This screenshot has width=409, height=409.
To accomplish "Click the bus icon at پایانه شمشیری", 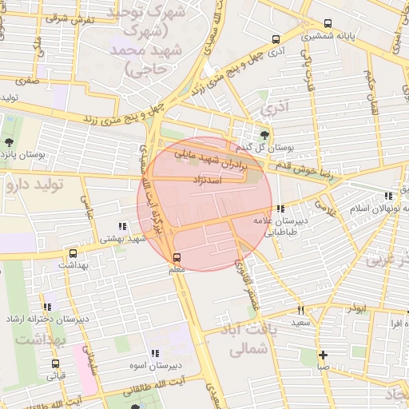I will (328, 24).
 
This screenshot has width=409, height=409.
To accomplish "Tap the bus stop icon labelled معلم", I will (177, 257).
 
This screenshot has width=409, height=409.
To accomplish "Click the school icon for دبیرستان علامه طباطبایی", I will (280, 209).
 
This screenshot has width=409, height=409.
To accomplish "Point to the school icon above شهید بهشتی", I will (121, 226).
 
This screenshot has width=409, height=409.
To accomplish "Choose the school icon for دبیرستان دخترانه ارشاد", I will (48, 307).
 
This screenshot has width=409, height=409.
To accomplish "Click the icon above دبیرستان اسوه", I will (154, 353).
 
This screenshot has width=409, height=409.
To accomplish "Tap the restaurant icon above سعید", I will (300, 310).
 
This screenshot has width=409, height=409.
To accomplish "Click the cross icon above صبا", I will (322, 355).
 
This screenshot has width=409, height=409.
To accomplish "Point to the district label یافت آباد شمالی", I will (240, 339).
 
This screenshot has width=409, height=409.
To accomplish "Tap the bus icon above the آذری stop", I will (276, 38).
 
